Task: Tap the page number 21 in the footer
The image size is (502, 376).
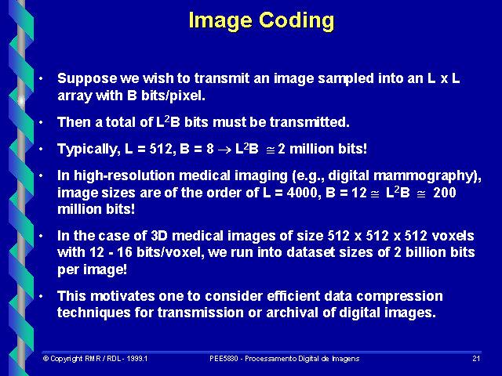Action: click(476, 358)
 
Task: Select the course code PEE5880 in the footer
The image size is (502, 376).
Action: click(225, 358)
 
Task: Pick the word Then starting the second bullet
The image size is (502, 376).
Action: click(73, 122)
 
